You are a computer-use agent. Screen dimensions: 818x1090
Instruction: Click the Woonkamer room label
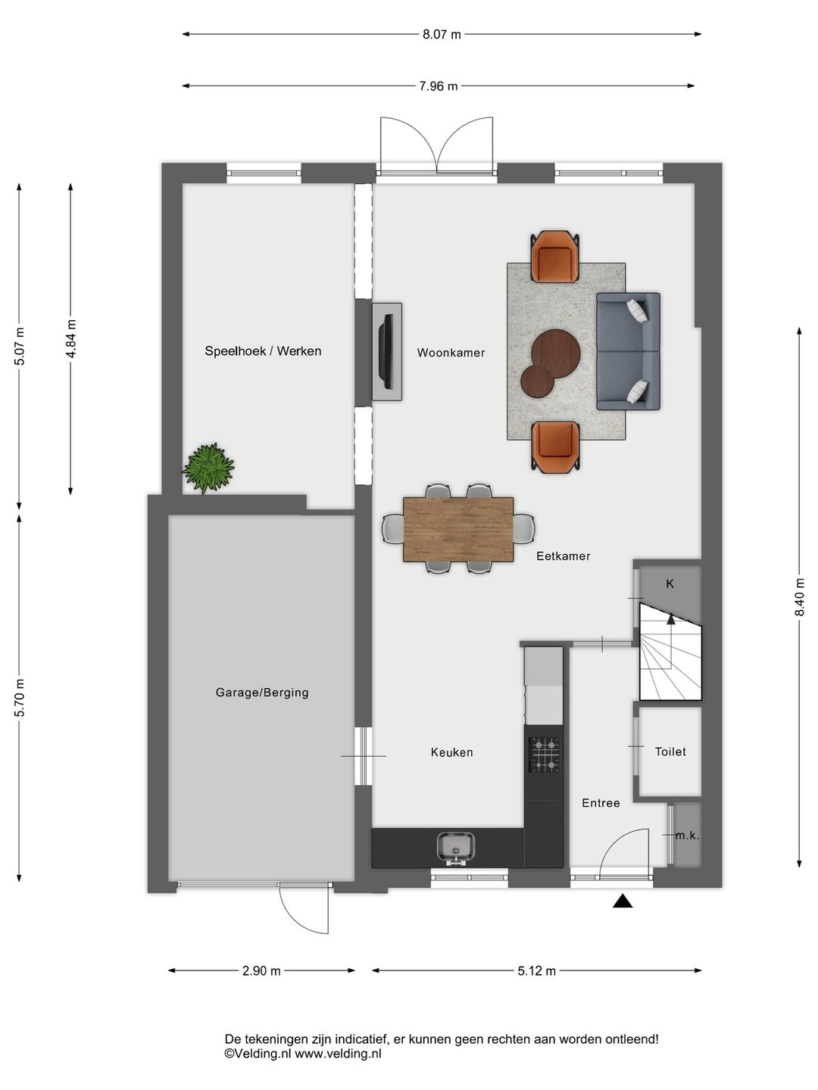451,353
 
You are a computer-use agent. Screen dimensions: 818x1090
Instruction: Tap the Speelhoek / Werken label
263,351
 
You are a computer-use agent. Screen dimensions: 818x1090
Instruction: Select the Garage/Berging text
262,693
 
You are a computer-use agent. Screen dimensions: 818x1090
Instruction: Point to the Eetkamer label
564,556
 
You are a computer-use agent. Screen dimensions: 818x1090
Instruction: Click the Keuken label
452,752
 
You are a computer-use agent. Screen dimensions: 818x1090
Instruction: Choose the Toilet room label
670,752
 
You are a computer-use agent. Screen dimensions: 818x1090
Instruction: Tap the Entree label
601,803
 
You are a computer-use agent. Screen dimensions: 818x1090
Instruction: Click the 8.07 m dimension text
442,34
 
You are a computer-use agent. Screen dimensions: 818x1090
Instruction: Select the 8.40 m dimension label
799,597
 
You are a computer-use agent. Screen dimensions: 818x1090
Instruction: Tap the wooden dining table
458,529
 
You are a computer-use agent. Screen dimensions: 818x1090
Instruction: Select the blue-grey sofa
629,351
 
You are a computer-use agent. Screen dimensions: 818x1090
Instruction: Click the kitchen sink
456,849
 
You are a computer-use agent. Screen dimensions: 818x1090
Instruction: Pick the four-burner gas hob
544,755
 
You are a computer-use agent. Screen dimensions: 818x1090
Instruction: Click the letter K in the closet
670,584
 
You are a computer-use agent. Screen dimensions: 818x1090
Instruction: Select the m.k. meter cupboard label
688,836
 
